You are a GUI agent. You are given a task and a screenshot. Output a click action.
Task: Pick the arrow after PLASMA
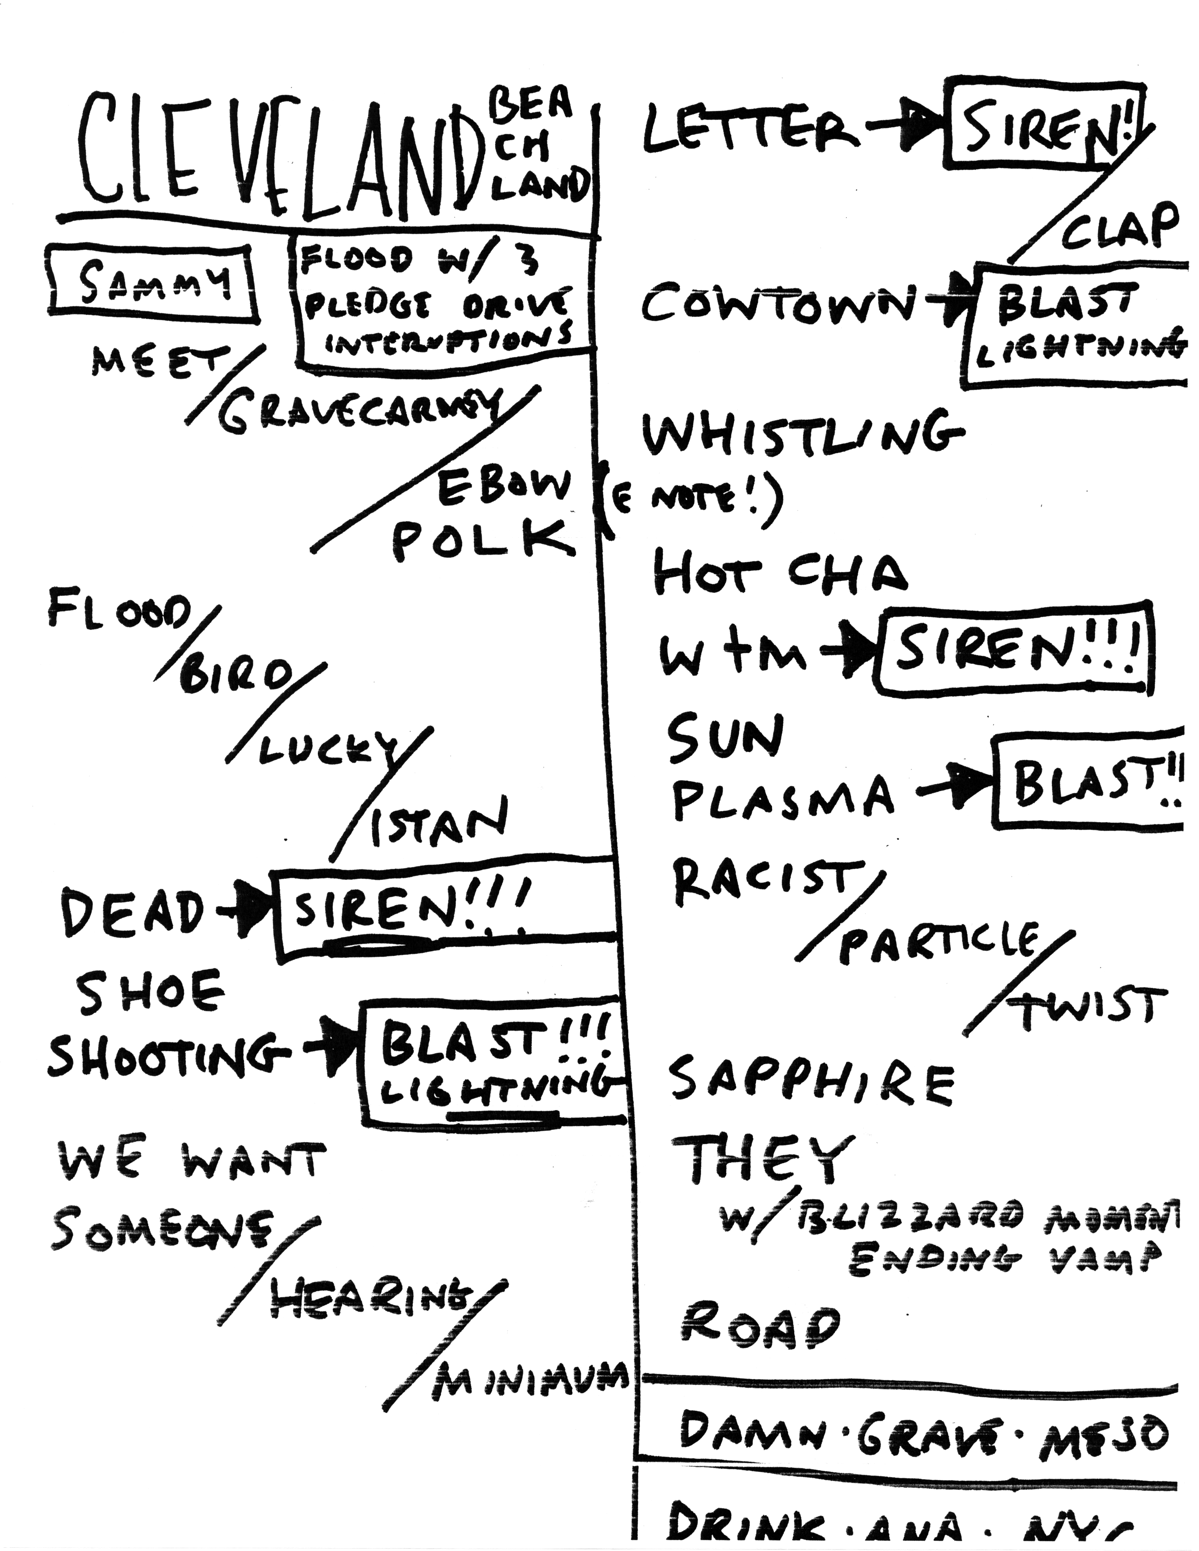[955, 789]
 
